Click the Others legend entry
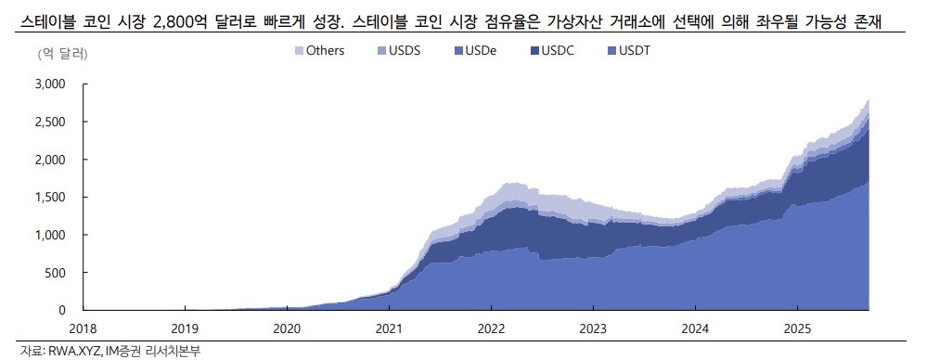pos(318,50)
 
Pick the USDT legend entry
pos(635,50)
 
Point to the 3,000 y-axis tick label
pos(48,84)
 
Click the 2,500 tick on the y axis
pos(48,122)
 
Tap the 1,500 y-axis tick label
pos(48,198)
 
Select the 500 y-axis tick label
pos(55,273)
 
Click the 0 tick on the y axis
pos(62,310)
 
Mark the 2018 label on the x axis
pos(83,328)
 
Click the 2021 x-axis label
pos(390,328)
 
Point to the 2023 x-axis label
pos(594,328)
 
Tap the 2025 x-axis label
pos(798,328)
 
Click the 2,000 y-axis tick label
pos(48,160)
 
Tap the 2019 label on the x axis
pos(185,328)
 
